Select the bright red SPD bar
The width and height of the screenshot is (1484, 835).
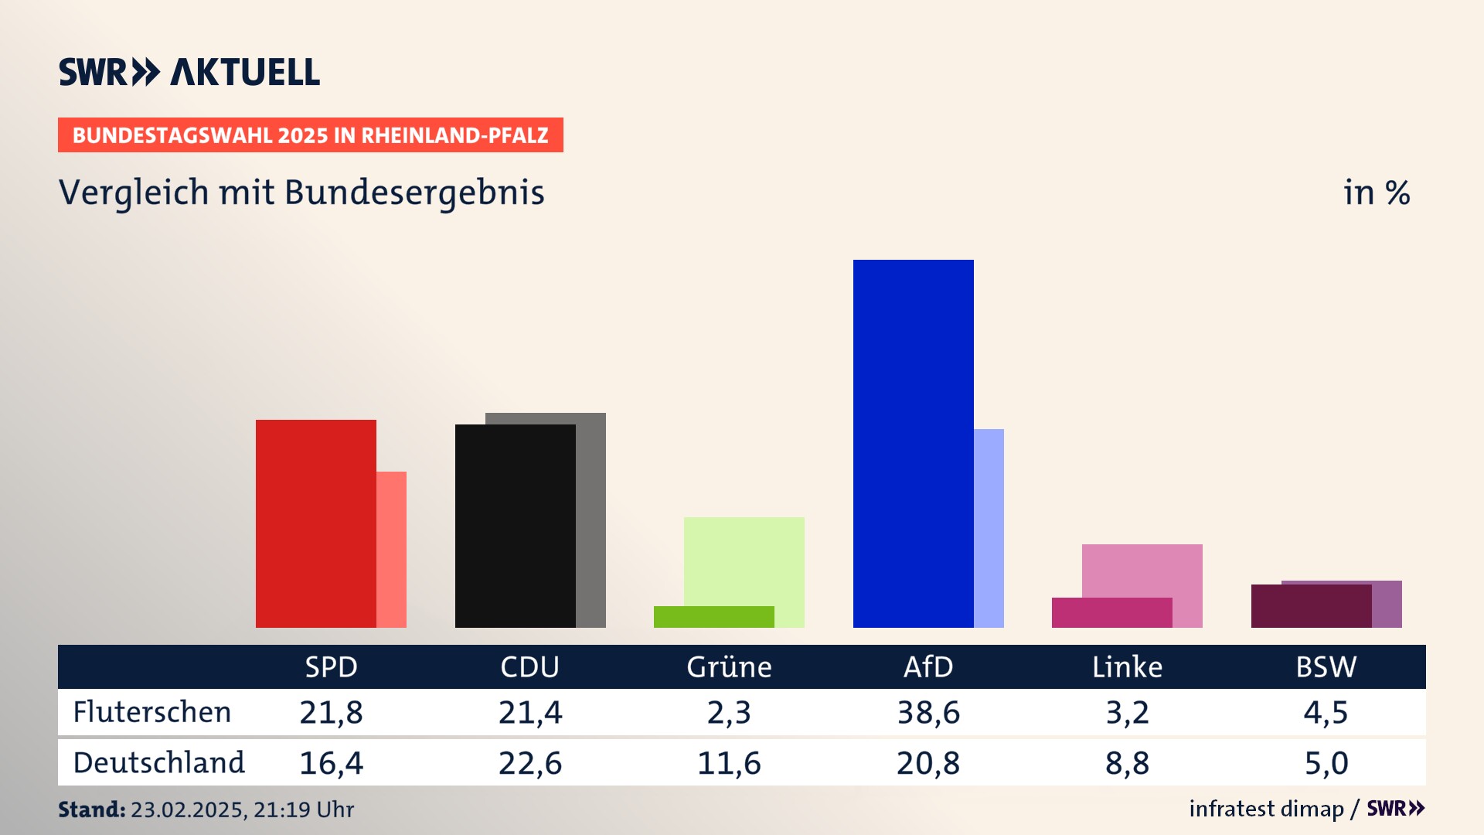pyautogui.click(x=315, y=523)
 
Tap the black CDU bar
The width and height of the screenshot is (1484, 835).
pyautogui.click(x=515, y=526)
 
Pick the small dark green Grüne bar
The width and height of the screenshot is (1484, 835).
pyautogui.click(x=713, y=617)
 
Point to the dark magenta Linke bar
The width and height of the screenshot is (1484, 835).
pyautogui.click(x=1111, y=612)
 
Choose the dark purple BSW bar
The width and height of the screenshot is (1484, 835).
pyautogui.click(x=1311, y=606)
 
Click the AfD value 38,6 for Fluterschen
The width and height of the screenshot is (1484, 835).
pyautogui.click(x=928, y=712)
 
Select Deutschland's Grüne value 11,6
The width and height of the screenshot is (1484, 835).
pyautogui.click(x=729, y=763)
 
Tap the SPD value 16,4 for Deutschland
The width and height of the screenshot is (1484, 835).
pyautogui.click(x=331, y=763)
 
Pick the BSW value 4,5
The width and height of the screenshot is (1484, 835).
pyautogui.click(x=1326, y=712)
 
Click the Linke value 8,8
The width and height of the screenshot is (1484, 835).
pyautogui.click(x=1127, y=763)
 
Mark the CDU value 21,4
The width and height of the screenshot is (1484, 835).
pyautogui.click(x=530, y=712)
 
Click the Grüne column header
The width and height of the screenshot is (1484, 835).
pyautogui.click(x=729, y=666)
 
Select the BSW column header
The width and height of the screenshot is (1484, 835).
pyautogui.click(x=1326, y=666)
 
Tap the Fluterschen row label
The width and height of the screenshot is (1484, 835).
pyautogui.click(x=152, y=712)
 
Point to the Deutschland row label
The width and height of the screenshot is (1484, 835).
pyautogui.click(x=158, y=763)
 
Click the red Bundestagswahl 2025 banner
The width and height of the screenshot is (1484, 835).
pyautogui.click(x=310, y=135)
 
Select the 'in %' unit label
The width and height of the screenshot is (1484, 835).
pyautogui.click(x=1377, y=193)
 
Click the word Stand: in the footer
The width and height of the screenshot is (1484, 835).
pyautogui.click(x=91, y=809)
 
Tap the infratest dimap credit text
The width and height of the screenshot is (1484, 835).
pyautogui.click(x=1266, y=809)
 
